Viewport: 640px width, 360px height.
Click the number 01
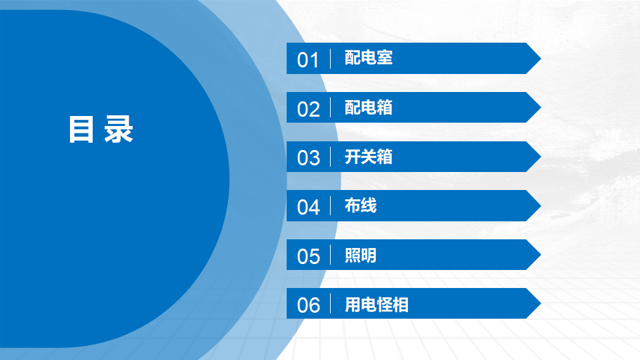(308, 60)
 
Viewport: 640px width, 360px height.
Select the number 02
(308, 109)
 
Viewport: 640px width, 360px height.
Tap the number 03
(308, 158)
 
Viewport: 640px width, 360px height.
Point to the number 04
(308, 207)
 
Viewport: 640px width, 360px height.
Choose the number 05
(308, 256)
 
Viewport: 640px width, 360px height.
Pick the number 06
(308, 305)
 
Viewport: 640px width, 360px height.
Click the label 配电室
(369, 57)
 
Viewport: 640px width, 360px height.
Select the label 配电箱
(369, 107)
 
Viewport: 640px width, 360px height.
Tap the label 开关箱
(369, 157)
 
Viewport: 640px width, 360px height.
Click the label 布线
(361, 205)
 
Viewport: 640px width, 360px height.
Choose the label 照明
(361, 255)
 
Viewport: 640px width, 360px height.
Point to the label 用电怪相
(376, 305)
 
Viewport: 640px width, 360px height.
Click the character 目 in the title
(81, 129)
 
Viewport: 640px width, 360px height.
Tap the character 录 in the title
(119, 129)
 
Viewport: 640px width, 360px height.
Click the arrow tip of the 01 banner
(541, 59)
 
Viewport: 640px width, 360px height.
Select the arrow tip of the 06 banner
(541, 303)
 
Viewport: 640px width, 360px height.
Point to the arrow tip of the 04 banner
(541, 206)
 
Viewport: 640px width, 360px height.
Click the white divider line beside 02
(330, 107)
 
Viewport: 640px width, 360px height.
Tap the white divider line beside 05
(330, 255)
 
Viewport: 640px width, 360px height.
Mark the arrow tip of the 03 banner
(541, 157)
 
